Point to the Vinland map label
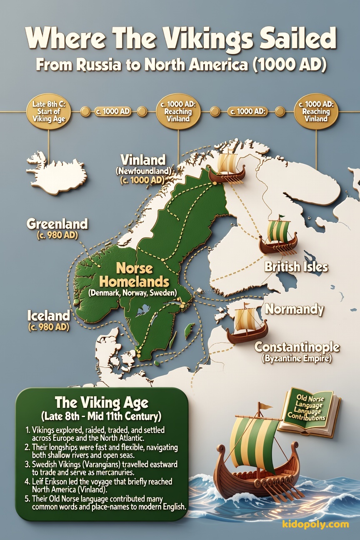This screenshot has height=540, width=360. point(143,160)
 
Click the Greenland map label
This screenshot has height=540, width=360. point(57,224)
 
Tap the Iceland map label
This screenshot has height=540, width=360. point(48,315)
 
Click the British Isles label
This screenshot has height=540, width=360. point(296,267)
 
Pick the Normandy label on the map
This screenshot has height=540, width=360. point(294,309)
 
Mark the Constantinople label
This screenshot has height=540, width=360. point(297,347)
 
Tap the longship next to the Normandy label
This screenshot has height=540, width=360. point(247,327)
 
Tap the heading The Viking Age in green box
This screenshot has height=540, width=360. point(102,402)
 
